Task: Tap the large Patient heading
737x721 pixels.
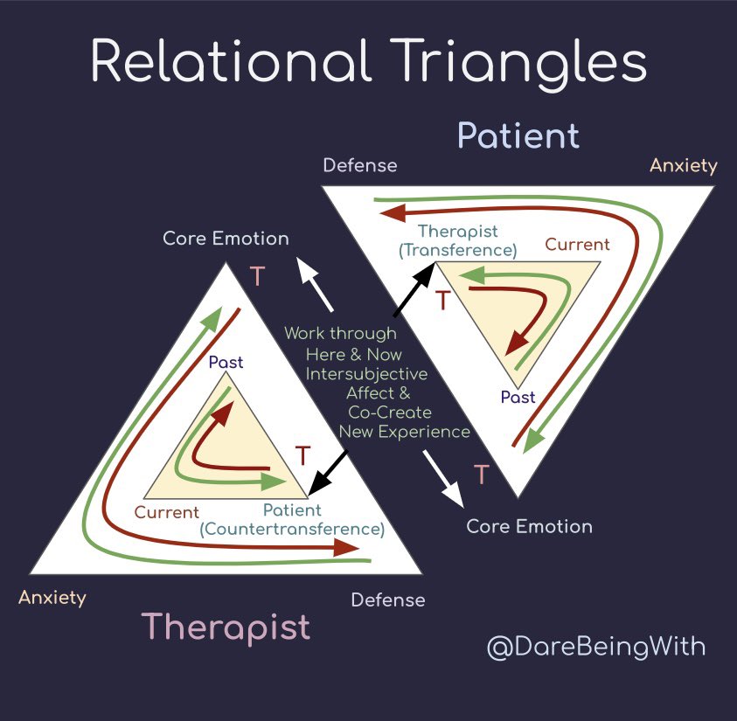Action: (518, 136)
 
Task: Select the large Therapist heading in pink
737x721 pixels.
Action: (226, 627)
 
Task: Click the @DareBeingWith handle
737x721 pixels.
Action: (595, 648)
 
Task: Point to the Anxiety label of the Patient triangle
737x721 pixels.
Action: (684, 165)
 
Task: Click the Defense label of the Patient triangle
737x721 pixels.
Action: (359, 165)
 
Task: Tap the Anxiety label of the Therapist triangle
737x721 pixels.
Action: (52, 598)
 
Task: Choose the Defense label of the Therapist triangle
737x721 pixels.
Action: (387, 600)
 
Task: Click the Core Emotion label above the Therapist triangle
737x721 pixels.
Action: (226, 239)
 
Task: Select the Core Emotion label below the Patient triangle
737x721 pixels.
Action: (529, 526)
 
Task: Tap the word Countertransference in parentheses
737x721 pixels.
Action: (292, 529)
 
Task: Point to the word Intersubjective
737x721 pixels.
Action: (366, 374)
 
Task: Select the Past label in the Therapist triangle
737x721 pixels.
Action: (226, 362)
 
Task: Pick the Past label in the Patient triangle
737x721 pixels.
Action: (518, 398)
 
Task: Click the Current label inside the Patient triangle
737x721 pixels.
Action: (577, 244)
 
